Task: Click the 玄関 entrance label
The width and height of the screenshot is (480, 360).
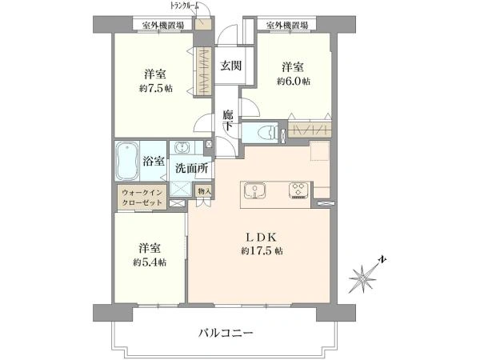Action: click(x=231, y=66)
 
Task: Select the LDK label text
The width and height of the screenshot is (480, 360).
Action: click(x=260, y=238)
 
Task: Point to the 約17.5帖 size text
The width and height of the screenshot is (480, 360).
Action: click(x=260, y=251)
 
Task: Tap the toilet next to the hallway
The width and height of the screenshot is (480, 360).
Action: click(x=263, y=132)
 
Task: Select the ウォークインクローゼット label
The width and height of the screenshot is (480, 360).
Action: click(x=142, y=198)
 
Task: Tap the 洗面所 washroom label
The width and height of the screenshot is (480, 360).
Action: click(x=192, y=169)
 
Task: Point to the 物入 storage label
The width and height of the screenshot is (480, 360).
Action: click(x=204, y=191)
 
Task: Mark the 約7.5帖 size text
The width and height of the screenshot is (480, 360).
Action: click(x=155, y=87)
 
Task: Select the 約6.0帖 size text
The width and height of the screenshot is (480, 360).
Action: click(x=294, y=81)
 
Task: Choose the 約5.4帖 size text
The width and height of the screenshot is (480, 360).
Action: click(x=150, y=262)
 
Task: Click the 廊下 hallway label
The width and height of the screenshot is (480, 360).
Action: click(x=228, y=120)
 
